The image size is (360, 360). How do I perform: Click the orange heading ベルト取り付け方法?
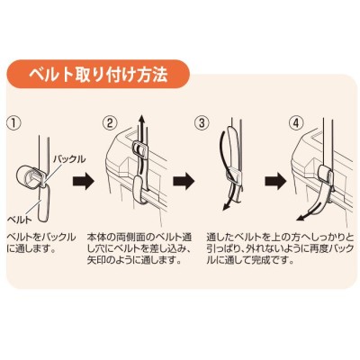(97, 75)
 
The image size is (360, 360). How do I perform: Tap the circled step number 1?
(14, 123)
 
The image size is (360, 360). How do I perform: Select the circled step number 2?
(109, 123)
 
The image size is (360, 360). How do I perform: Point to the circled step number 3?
(201, 123)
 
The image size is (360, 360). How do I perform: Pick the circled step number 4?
(296, 123)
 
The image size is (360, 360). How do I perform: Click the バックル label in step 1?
(69, 159)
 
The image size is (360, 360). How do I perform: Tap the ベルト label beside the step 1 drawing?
(20, 220)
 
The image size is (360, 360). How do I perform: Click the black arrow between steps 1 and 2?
(84, 181)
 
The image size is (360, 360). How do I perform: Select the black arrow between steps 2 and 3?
(184, 181)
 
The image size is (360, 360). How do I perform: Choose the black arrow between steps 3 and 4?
(275, 181)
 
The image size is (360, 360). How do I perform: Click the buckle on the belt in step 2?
(139, 149)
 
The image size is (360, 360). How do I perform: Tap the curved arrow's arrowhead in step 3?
(227, 206)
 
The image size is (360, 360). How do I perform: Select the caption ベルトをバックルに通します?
(41, 243)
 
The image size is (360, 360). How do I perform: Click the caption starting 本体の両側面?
(139, 248)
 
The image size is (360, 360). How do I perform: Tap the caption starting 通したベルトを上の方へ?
(280, 248)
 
